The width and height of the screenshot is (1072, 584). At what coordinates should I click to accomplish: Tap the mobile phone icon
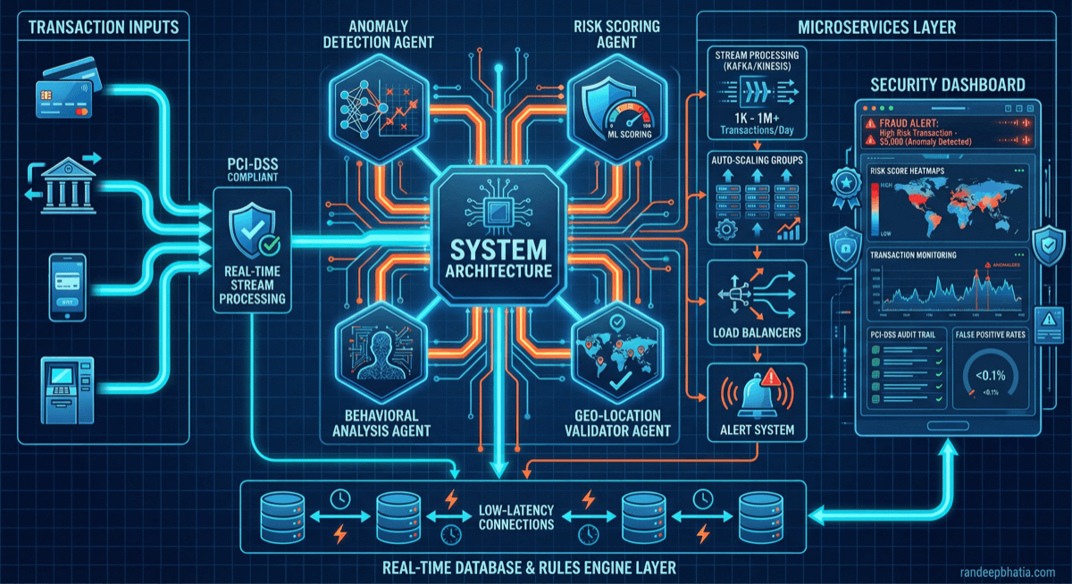[x=67, y=287]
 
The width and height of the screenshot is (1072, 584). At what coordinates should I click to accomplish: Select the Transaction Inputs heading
[x=104, y=27]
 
